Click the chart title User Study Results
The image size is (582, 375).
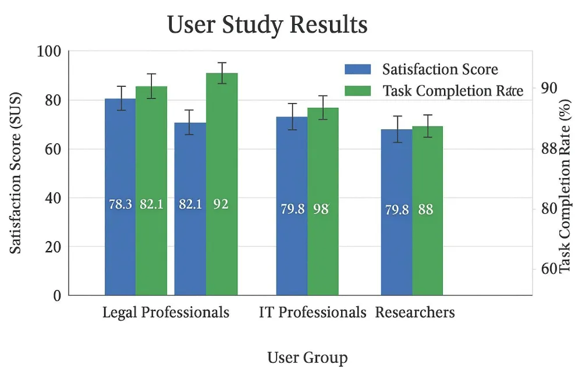[267, 25]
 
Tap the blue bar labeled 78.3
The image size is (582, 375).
[120, 233]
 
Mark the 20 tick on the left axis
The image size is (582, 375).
[52, 247]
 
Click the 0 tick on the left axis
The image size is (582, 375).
[57, 296]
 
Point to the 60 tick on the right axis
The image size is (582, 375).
[547, 269]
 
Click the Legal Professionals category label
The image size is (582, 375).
[166, 313]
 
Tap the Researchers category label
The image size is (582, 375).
[415, 313]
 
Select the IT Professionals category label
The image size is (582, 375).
[313, 313]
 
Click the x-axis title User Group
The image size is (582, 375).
[307, 358]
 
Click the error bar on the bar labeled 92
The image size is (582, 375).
[222, 73]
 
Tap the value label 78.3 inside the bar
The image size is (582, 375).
[120, 204]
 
